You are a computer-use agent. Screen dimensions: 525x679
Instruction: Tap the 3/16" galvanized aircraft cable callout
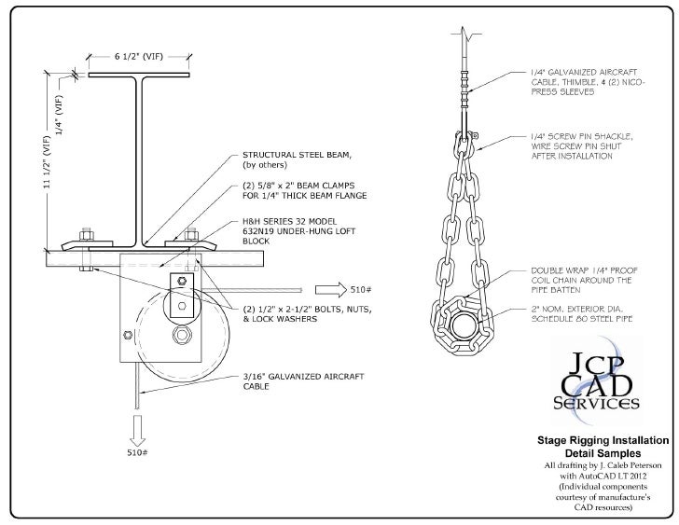pyautogui.click(x=295, y=380)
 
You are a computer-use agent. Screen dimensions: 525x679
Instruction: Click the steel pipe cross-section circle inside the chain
pyautogui.click(x=464, y=325)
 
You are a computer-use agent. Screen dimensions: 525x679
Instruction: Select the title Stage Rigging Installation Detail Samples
pyautogui.click(x=602, y=445)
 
